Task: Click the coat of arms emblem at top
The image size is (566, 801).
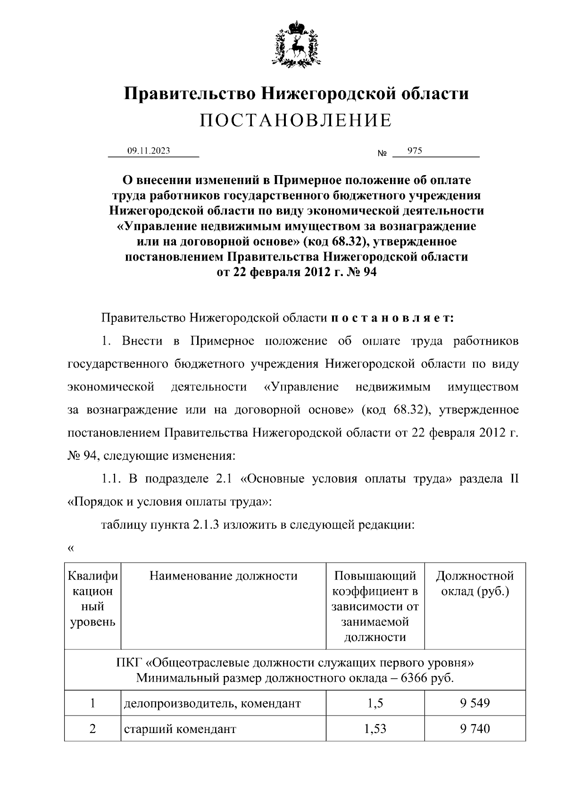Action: tap(296, 43)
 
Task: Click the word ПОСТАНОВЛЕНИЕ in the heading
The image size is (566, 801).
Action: tap(296, 120)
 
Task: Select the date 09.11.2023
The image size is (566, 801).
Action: tap(149, 151)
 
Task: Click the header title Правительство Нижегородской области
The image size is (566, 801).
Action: tap(296, 93)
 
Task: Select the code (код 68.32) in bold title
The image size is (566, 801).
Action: tap(333, 242)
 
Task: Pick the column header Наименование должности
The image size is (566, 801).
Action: tap(224, 575)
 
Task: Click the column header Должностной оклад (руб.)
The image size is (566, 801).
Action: tap(474, 583)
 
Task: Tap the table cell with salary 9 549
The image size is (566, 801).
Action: tap(474, 703)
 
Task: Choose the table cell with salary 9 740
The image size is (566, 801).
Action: tap(474, 729)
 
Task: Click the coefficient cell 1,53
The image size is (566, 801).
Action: tap(375, 729)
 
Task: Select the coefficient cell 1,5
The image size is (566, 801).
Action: tap(375, 703)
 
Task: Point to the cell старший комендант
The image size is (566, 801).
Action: tap(180, 729)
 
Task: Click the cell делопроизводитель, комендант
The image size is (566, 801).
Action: tap(212, 703)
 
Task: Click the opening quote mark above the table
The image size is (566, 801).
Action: tap(71, 548)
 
